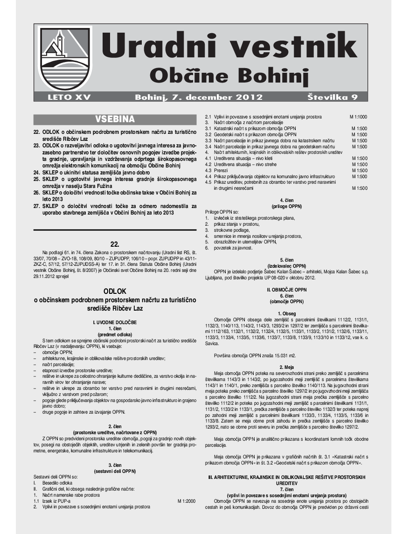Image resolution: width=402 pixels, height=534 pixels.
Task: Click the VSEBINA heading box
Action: [115, 118]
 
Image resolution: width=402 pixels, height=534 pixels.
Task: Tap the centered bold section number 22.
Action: [115, 243]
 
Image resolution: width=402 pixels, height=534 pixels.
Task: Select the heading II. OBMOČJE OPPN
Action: [286, 290]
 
